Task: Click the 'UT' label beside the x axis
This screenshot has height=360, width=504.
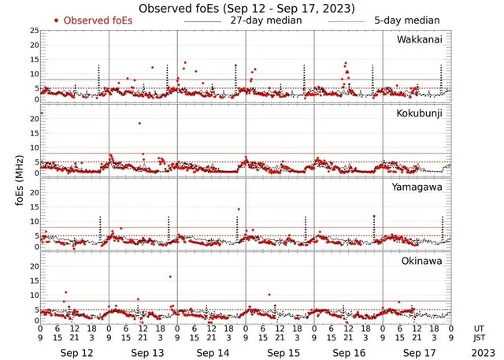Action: click(480, 328)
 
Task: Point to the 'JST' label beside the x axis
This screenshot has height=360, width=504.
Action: click(480, 339)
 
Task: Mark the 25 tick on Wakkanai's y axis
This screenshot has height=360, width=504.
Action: click(34, 30)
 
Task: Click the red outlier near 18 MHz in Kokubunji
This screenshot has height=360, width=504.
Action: click(139, 123)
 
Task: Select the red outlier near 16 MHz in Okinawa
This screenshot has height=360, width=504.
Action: click(170, 276)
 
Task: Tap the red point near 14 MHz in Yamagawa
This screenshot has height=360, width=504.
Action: click(239, 210)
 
